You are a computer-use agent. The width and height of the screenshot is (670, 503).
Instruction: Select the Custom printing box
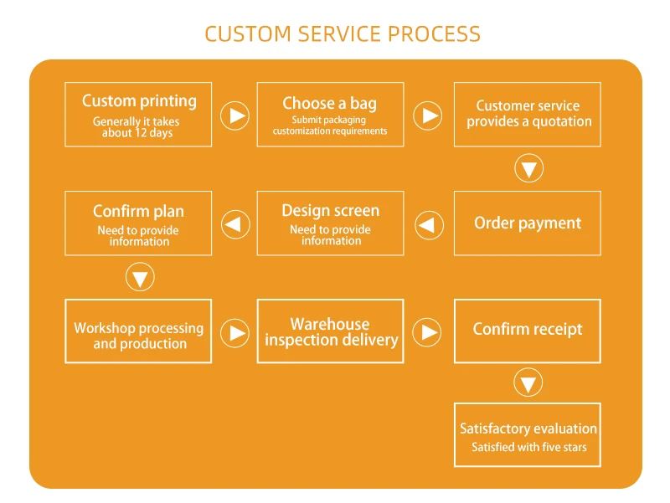138,115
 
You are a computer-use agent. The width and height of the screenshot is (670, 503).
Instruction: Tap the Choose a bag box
330,115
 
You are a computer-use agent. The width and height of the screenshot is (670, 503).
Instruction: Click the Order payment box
527,223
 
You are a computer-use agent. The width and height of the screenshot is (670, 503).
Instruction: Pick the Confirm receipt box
527,331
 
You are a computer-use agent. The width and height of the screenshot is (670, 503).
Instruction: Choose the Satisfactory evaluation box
527,435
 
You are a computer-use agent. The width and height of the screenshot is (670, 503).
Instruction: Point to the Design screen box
330,223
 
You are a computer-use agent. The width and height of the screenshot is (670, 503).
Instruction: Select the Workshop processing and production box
138,331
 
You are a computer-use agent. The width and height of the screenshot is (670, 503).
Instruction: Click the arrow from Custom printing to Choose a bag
235,115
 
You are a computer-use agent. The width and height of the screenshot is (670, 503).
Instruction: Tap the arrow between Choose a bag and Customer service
428,115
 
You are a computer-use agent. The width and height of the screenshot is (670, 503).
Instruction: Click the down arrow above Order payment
528,169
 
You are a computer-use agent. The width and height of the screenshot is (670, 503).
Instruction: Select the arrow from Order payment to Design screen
429,224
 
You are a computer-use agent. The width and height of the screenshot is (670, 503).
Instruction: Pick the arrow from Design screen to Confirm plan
235,224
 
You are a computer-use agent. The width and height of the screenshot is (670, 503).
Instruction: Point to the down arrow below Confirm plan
140,278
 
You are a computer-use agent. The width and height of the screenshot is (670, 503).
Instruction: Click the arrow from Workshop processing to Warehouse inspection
235,333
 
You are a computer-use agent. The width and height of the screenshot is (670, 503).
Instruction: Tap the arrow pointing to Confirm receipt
428,333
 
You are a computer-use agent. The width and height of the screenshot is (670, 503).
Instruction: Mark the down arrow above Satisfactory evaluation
528,383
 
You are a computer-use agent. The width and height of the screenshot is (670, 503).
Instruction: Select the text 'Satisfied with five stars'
529,448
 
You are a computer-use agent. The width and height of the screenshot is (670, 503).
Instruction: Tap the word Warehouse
330,324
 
